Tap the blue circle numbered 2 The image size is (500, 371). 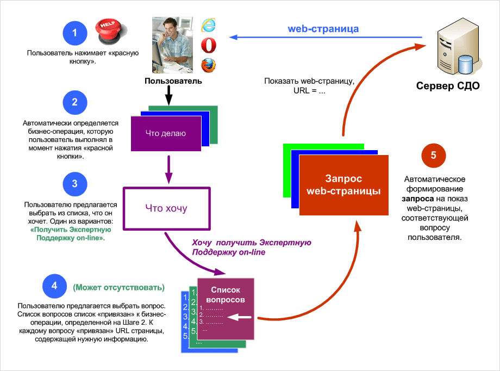[x=74, y=102]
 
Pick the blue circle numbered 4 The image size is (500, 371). [x=54, y=286]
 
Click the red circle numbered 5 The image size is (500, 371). [x=433, y=156]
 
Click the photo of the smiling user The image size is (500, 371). [x=173, y=45]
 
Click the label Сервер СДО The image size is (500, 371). [x=448, y=86]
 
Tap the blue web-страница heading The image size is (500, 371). [x=323, y=28]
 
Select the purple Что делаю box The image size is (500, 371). [x=166, y=133]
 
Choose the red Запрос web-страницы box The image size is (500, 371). [x=343, y=185]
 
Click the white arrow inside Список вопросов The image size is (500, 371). [x=243, y=317]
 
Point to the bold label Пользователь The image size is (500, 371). [x=173, y=81]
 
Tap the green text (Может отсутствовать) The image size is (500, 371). [x=118, y=287]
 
